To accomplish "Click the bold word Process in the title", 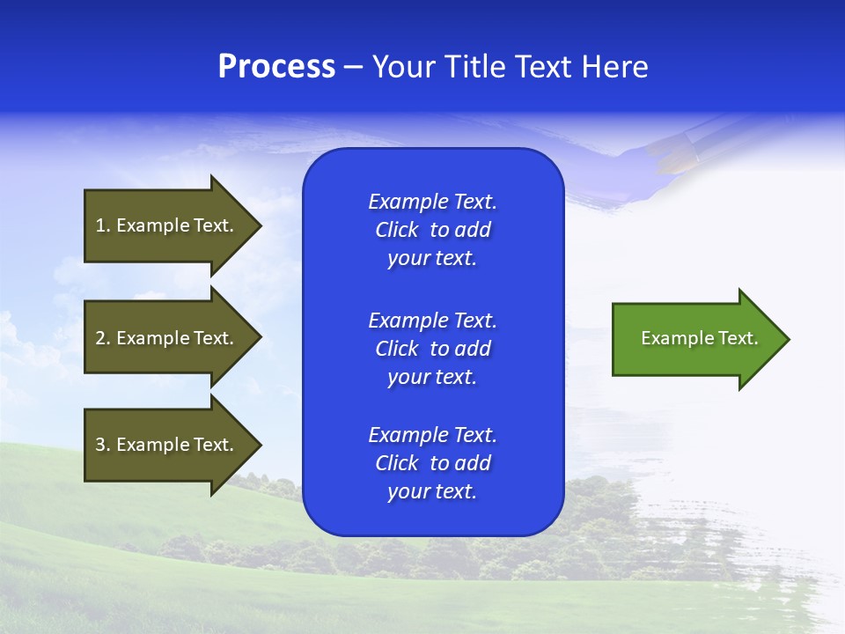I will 276,67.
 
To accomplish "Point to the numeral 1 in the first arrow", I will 100,225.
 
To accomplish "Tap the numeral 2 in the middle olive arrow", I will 100,338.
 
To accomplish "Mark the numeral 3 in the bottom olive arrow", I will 100,445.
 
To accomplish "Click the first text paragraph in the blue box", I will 432,230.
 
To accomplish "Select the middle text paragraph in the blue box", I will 432,349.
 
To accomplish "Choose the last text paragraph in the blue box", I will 432,463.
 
